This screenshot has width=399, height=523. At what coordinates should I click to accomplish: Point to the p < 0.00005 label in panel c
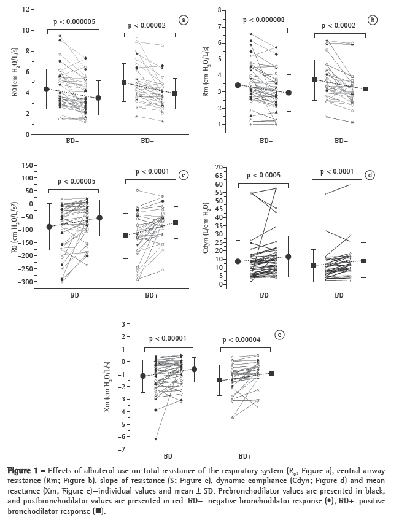click(77, 182)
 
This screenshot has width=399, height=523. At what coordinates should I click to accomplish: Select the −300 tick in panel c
click(23, 282)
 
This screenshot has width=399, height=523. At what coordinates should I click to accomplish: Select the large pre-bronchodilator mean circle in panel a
click(47, 89)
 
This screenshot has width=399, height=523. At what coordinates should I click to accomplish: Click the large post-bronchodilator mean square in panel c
click(176, 222)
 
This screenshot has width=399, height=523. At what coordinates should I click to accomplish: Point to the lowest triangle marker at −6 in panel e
click(156, 438)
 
